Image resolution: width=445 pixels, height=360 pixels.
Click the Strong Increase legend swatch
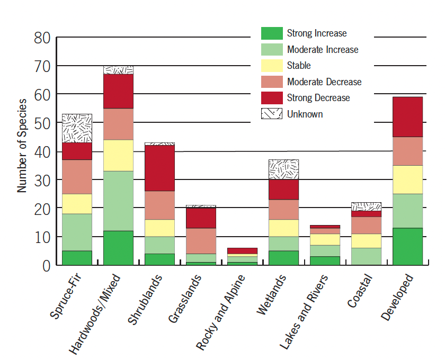point(272,33)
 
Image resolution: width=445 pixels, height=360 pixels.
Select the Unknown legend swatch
point(272,114)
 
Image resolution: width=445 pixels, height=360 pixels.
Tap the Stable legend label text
point(299,66)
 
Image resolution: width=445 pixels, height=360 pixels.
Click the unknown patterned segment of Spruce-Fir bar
point(77,128)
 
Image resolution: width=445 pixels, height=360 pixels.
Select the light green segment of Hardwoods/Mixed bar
point(118,201)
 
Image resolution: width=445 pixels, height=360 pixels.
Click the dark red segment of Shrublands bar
point(159,168)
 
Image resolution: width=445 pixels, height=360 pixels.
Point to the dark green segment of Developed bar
point(407,246)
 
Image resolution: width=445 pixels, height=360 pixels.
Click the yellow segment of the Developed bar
point(407,179)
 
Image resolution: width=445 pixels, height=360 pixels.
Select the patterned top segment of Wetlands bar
point(283,169)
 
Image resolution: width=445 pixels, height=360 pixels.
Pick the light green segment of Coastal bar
point(366,256)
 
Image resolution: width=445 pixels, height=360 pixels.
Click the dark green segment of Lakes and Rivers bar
point(325,260)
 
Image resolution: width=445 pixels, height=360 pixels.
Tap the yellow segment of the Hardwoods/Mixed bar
point(118,155)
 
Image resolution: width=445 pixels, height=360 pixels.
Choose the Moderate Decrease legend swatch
point(272,82)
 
